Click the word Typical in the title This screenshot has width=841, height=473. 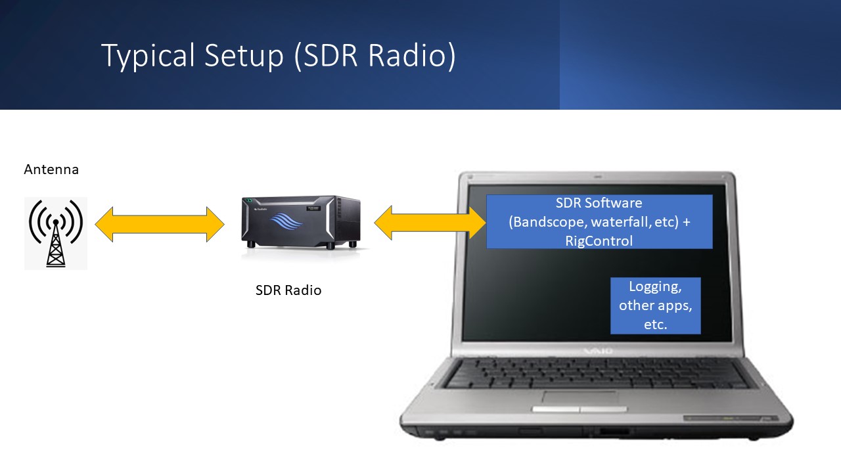[x=139, y=56]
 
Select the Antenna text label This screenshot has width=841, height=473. [x=51, y=169]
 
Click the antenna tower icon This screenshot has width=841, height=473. [x=56, y=233]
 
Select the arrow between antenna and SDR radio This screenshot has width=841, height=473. [x=160, y=224]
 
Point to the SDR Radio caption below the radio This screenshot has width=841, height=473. [x=288, y=290]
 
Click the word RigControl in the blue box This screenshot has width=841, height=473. [x=599, y=241]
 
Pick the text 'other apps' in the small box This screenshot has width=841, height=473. [x=655, y=305]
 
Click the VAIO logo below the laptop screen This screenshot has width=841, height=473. [x=598, y=351]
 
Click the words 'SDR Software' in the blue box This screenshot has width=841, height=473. [x=599, y=203]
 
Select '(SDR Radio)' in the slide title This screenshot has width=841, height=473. [x=374, y=56]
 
